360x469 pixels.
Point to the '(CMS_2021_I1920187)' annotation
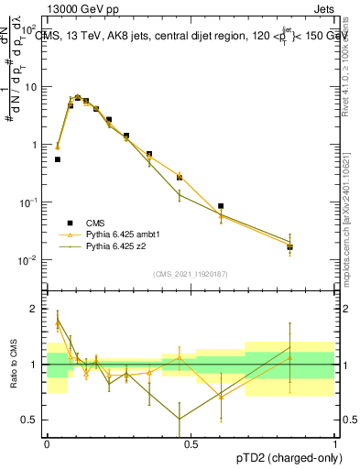tap(191, 274)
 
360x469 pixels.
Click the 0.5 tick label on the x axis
tap(191, 442)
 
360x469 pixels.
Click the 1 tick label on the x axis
tap(335, 442)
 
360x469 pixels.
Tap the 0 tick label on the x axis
tap(47, 442)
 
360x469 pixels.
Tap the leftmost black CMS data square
tap(58, 159)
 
